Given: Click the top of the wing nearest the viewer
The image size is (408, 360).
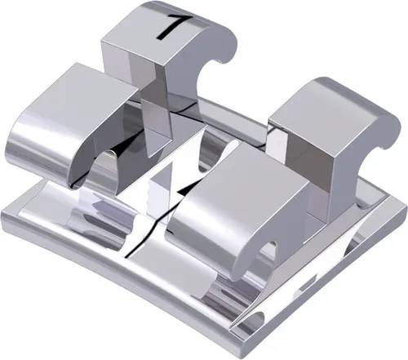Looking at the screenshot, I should (x=237, y=176).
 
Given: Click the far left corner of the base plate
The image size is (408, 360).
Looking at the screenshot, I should (x=8, y=216).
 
